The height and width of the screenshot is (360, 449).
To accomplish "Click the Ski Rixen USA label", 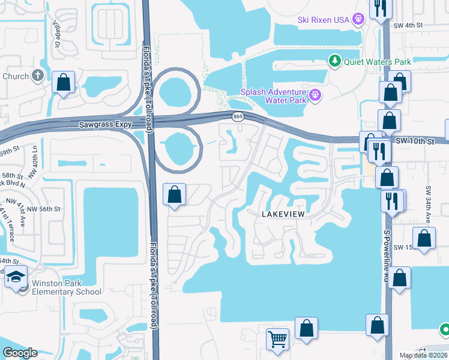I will pyautogui.click(x=324, y=20).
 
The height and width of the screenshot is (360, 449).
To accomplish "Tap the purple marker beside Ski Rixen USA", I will pyautogui.click(x=358, y=19).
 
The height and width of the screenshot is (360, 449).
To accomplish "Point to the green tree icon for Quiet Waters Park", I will pyautogui.click(x=334, y=61).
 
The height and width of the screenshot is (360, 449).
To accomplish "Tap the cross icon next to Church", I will pyautogui.click(x=38, y=76).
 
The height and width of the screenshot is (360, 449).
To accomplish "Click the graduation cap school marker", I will pyautogui.click(x=16, y=277).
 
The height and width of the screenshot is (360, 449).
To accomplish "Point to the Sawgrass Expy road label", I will pyautogui.click(x=106, y=125).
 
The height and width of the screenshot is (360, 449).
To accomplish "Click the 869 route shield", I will pyautogui.click(x=238, y=116).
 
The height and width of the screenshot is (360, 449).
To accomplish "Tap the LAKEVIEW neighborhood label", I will pyautogui.click(x=283, y=214).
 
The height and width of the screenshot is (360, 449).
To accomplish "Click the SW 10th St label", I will pyautogui.click(x=414, y=141).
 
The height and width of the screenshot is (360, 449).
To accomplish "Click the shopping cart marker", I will pyautogui.click(x=277, y=339).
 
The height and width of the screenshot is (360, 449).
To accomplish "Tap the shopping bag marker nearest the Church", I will pyautogui.click(x=63, y=82).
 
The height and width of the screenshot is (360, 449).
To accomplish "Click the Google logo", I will pyautogui.click(x=20, y=353).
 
